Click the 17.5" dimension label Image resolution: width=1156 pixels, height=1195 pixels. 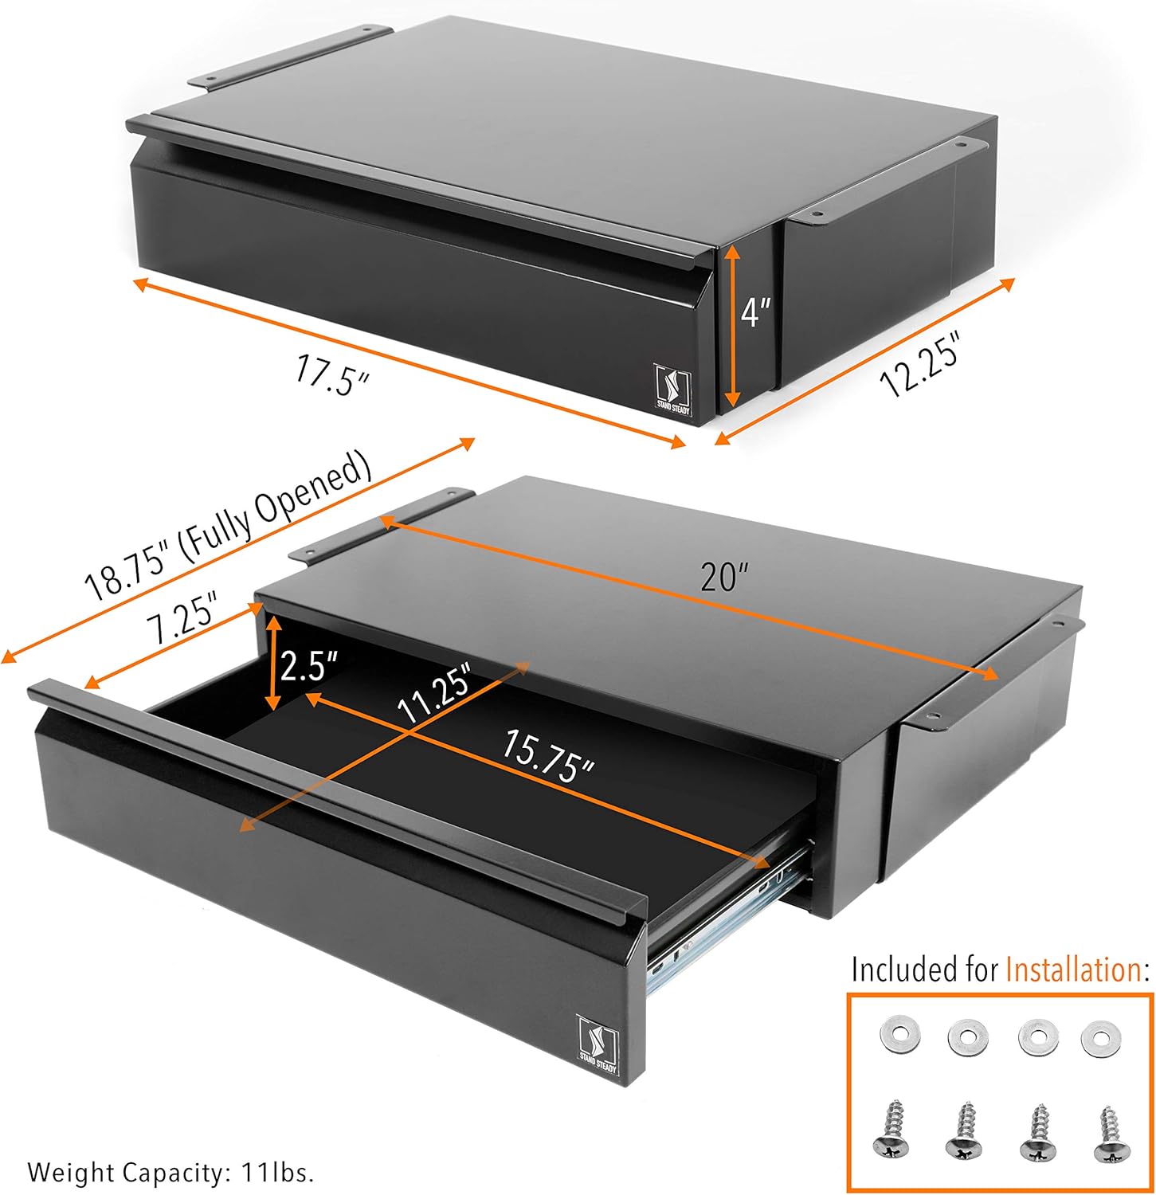click(331, 374)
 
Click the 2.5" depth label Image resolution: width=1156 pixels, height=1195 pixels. click(309, 664)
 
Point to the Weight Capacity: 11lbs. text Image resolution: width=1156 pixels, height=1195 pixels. click(170, 1172)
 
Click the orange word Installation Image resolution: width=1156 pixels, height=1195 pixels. click(1072, 970)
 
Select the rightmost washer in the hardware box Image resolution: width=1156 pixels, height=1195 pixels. click(1101, 1038)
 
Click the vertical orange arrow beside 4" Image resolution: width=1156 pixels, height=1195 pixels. click(733, 327)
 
